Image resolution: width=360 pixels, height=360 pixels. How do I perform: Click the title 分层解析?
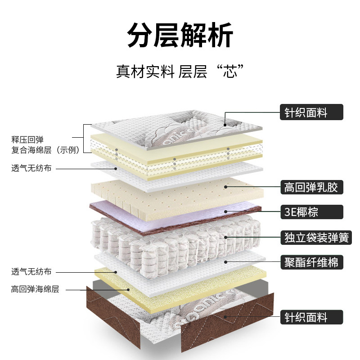click(180, 35)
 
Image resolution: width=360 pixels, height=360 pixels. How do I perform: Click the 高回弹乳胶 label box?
click(311, 186)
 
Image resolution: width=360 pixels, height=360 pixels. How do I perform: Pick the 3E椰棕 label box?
click(311, 211)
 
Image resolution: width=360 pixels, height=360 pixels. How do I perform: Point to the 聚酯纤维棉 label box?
click(311, 261)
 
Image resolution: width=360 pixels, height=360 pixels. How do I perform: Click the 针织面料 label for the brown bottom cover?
click(311, 318)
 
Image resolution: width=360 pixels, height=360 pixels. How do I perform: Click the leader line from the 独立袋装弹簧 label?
click(252, 236)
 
